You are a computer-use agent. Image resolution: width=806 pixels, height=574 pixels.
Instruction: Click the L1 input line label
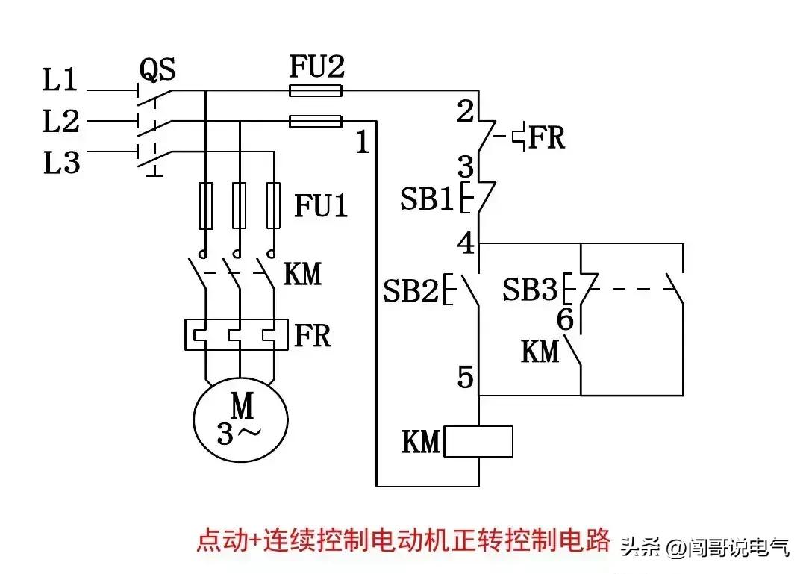pos(60,79)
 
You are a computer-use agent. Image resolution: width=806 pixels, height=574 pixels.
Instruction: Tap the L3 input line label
pos(60,162)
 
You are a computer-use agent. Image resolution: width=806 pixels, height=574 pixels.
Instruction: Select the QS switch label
pos(157,71)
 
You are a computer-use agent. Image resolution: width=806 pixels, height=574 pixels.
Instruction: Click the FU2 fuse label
pos(317,68)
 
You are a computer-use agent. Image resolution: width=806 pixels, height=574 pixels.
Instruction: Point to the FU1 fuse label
pos(321,206)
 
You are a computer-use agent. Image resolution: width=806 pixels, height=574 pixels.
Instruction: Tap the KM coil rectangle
pos(478,442)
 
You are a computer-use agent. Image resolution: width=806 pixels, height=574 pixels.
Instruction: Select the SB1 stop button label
pos(427,200)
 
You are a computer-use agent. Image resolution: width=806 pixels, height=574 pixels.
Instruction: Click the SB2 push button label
pos(410,290)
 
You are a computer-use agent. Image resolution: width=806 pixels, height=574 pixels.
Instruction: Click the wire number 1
pos(362,143)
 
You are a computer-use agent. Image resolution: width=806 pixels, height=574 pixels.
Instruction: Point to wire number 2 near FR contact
pos(465,113)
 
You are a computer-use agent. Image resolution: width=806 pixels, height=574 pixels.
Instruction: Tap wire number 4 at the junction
pos(465,243)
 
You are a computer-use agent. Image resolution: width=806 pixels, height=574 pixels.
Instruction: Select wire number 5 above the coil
pos(465,378)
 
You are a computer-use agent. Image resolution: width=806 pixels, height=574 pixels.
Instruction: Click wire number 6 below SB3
pos(565,320)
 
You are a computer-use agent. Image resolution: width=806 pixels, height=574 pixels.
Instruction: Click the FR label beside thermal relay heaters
pos(312,336)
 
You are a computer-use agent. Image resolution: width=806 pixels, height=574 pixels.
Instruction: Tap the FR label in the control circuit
pos(546,137)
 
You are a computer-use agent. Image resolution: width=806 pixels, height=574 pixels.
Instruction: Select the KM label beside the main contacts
pos(302,274)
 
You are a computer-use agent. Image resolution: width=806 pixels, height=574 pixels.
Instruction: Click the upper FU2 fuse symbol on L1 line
pos(316,91)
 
